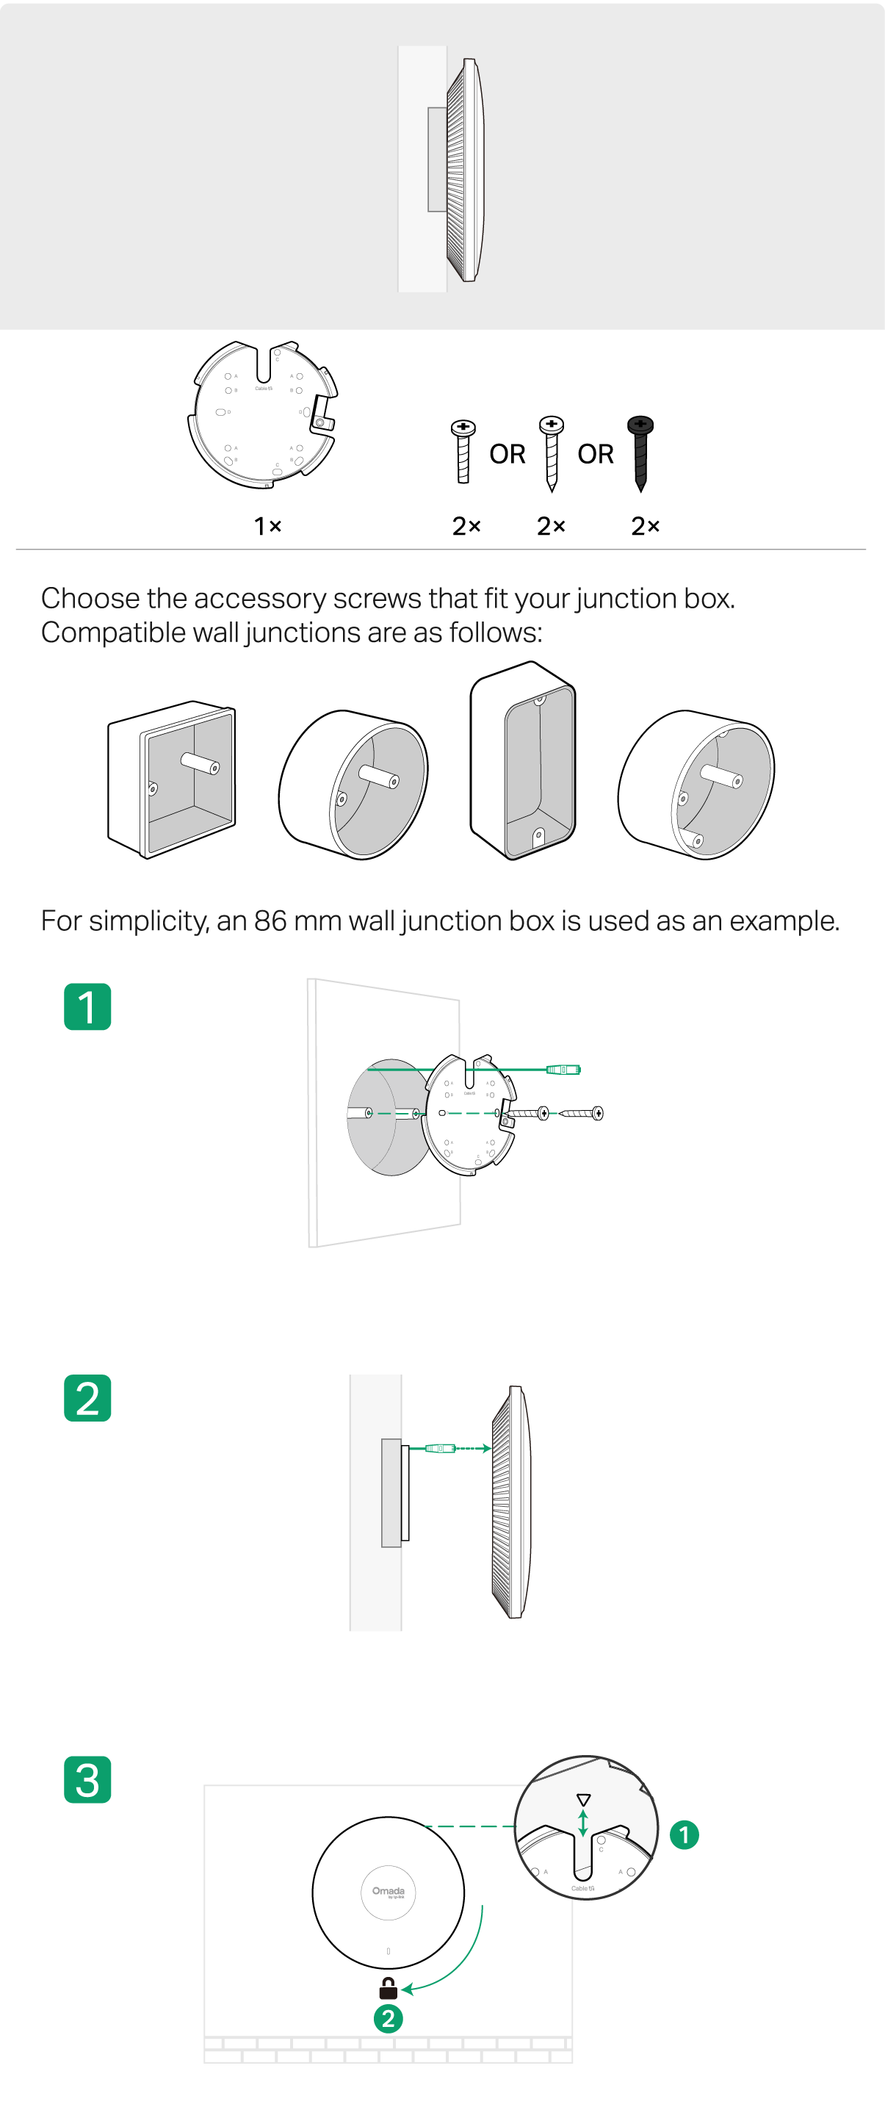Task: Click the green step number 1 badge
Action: click(x=87, y=1007)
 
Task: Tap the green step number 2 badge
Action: click(x=87, y=1398)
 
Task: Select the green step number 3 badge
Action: click(x=87, y=1779)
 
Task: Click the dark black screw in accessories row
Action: click(x=640, y=450)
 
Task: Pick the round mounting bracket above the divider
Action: click(x=264, y=413)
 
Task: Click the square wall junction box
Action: click(x=172, y=779)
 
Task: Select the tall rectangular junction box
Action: click(x=523, y=760)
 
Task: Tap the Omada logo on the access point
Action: click(x=389, y=1892)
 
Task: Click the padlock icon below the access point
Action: click(x=388, y=1987)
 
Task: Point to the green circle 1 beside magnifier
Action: click(x=684, y=1834)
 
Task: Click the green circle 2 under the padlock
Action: click(x=388, y=2019)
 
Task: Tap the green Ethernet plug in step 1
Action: click(x=563, y=1069)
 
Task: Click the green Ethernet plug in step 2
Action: click(x=440, y=1449)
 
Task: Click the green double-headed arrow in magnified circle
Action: click(x=582, y=1823)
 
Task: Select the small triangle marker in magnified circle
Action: click(x=583, y=1799)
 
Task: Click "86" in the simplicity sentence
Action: click(x=270, y=921)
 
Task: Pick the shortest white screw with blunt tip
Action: click(x=463, y=450)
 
